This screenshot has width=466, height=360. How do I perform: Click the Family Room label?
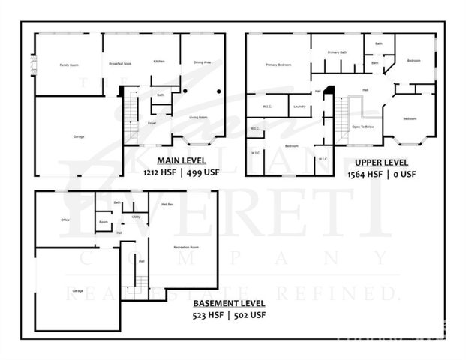(69, 65)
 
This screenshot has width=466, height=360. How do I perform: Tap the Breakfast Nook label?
(117, 63)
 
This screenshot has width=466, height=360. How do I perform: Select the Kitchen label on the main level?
(159, 61)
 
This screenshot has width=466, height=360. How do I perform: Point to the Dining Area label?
(202, 62)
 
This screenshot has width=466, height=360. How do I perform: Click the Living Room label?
(197, 117)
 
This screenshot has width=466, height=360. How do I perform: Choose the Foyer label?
(152, 122)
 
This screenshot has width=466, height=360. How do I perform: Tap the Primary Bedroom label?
(278, 64)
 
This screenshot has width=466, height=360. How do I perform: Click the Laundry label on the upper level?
(299, 106)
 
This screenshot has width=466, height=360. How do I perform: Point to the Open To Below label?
(363, 127)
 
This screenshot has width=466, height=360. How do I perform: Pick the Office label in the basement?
(65, 220)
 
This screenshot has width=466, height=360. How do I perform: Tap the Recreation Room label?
(185, 246)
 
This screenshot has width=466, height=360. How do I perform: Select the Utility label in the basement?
(136, 217)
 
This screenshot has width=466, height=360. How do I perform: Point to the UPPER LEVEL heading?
(382, 162)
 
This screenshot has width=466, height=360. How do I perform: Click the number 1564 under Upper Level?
(358, 174)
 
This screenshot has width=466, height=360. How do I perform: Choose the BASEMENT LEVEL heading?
(229, 303)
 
